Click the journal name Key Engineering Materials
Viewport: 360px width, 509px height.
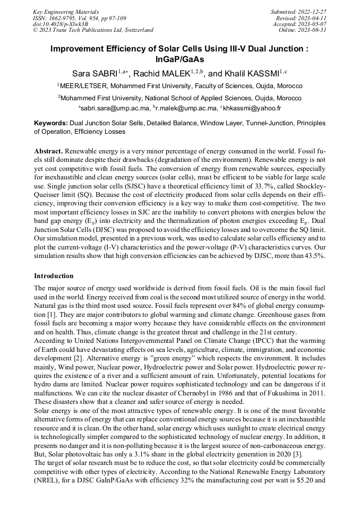click(x=65, y=12)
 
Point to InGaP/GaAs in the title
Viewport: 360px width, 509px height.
click(x=179, y=59)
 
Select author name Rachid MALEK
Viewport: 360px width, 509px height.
click(x=161, y=73)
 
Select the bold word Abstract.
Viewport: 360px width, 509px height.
click(x=48, y=151)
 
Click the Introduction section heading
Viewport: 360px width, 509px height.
click(x=54, y=276)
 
